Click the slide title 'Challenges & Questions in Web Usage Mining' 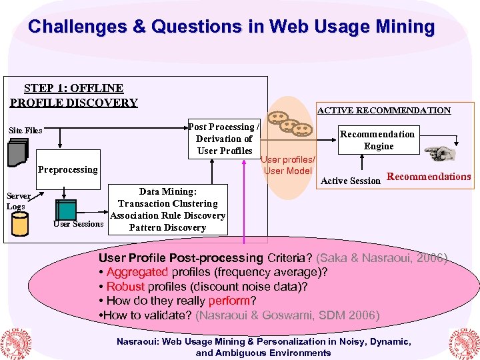coord(231,27)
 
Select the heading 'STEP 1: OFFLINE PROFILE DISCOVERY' coord(73,95)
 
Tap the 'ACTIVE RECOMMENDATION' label coord(383,111)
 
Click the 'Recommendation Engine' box coord(378,140)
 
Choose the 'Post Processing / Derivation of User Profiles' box coord(224,139)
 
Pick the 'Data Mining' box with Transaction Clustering coord(167,209)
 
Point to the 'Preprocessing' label coord(67,169)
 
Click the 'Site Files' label coord(25,131)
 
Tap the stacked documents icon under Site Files coord(17,155)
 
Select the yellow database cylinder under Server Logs coord(20,224)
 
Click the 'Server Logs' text coord(18,201)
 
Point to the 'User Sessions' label coord(78,224)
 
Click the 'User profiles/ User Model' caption coord(288,165)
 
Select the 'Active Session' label coord(351,181)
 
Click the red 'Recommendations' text coord(429,177)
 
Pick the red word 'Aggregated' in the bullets coord(137,272)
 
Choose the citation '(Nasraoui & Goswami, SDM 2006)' coord(287,315)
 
